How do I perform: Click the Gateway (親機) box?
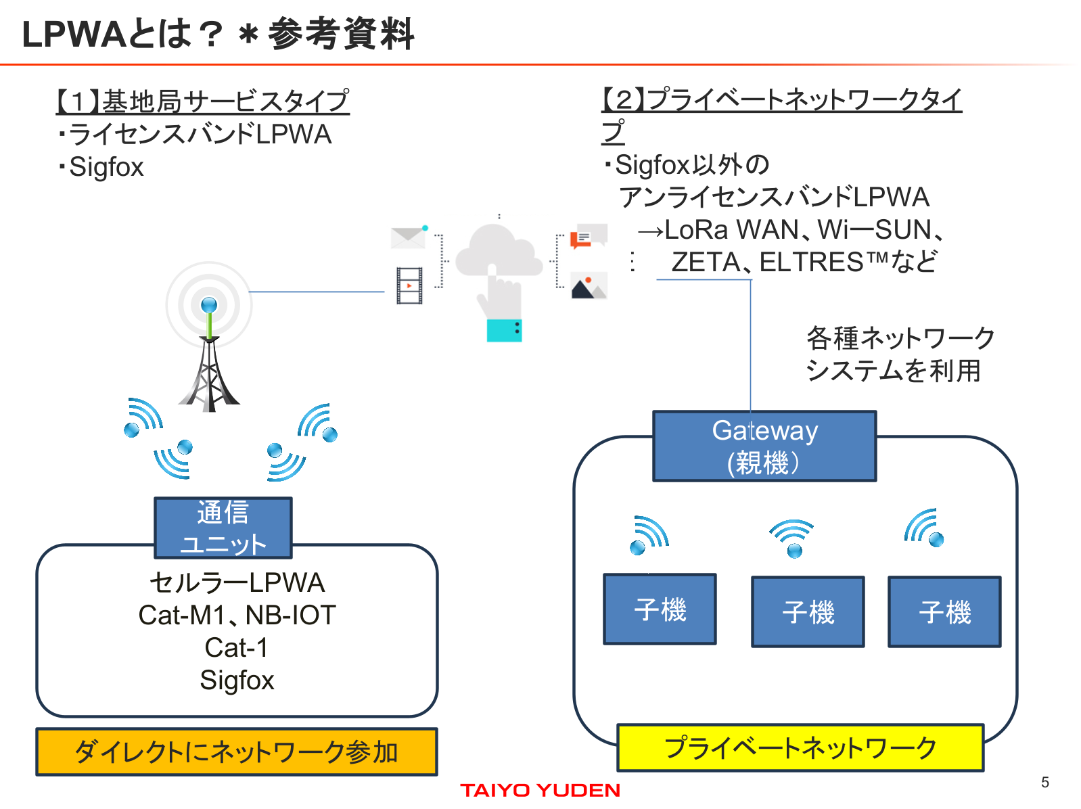[x=764, y=446]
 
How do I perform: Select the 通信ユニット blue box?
[x=223, y=528]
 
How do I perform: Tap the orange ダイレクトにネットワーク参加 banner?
[x=237, y=752]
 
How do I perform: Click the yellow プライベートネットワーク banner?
[x=800, y=747]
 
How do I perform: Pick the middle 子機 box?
[x=808, y=611]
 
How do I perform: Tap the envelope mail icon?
[x=408, y=237]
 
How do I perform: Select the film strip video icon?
[x=409, y=285]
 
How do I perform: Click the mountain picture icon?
[x=589, y=286]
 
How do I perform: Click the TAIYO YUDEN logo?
[x=540, y=790]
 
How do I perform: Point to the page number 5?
[x=1044, y=782]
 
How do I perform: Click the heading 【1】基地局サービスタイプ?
[x=202, y=101]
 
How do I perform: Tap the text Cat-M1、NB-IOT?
[x=237, y=615]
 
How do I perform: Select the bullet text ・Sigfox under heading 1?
[x=101, y=167]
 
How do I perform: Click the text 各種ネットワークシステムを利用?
[x=899, y=354]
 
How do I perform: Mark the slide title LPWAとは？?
[x=122, y=34]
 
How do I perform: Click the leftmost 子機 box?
[x=660, y=609]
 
